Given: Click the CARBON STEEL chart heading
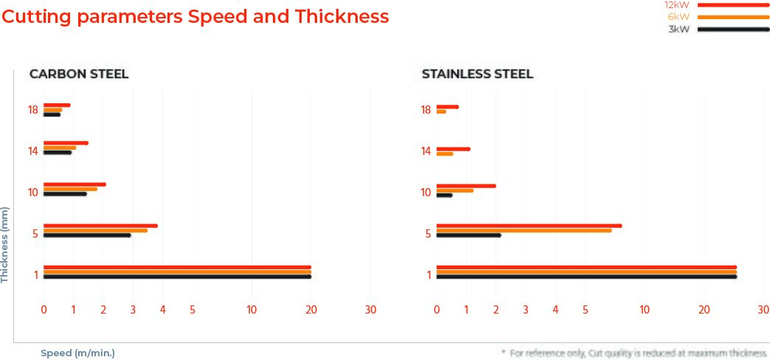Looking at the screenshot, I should tap(79, 74).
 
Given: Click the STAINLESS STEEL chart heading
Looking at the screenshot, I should tap(477, 74).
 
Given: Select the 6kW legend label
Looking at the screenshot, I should tap(678, 17).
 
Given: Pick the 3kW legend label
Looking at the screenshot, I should tap(679, 30).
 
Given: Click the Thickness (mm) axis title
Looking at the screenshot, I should tap(5, 245).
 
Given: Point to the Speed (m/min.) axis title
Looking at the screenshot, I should tap(77, 353).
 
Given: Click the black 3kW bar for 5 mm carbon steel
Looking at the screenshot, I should tap(87, 235).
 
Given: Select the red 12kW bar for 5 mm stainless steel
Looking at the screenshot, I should tap(529, 226).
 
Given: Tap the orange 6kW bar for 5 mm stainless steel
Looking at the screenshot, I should tap(524, 230).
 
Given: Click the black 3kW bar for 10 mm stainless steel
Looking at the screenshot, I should tap(444, 195).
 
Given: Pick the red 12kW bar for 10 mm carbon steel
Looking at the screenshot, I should tap(74, 184).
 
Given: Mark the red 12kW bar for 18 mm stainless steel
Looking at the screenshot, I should tap(447, 107).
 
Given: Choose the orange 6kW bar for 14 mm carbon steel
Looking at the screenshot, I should tap(60, 148).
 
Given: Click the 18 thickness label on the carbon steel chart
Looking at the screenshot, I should tap(33, 110).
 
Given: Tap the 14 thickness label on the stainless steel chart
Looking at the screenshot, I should tap(426, 151).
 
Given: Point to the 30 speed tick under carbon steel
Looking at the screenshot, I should tap(371, 311).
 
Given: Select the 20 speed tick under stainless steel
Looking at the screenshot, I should tap(704, 311).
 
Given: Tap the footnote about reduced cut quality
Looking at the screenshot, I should tap(634, 353).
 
